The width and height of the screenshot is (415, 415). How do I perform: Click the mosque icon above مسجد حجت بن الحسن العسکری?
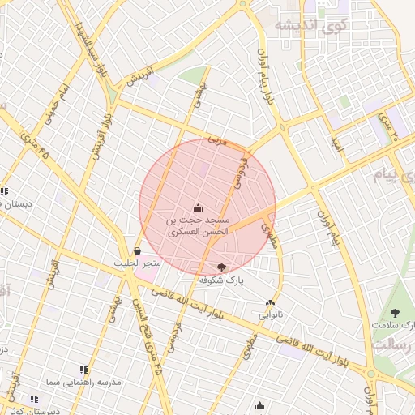point(199,207)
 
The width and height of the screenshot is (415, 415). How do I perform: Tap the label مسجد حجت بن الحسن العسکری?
point(199,225)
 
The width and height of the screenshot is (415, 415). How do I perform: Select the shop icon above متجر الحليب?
point(136,251)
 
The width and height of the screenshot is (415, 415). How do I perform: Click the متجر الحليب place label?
point(140,263)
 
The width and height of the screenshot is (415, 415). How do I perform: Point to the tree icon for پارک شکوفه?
point(222,267)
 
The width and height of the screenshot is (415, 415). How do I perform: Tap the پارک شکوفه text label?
point(222,280)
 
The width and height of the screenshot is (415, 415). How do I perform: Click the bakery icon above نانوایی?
point(270,303)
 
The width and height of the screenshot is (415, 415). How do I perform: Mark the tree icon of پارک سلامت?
point(395,313)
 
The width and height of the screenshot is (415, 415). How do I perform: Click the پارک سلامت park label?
point(395,325)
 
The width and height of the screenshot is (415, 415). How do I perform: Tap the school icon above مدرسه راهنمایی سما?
point(84,370)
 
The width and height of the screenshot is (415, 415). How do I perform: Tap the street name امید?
point(336,143)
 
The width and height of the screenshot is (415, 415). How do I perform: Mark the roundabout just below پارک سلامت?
point(370,374)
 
